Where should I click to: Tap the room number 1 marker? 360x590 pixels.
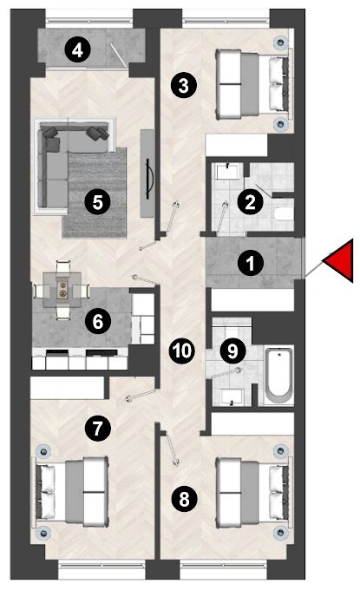251,263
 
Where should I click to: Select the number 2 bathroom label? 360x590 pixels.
250,202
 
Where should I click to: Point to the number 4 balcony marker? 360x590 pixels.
77,49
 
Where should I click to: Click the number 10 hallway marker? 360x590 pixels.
182,351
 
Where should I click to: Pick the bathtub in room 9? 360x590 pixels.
278,376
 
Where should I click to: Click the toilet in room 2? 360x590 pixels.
284,213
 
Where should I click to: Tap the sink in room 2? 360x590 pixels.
227,172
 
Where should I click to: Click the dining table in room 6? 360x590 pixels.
62,290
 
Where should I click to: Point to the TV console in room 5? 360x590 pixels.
147,173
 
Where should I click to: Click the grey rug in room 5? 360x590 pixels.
95,193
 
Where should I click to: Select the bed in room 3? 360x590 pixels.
252,83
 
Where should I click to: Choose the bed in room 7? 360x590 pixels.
72,491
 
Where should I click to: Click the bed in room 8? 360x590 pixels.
253,492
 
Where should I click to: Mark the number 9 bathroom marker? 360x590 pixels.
232,351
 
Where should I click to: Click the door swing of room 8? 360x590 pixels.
171,449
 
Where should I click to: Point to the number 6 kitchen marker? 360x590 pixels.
98,321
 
